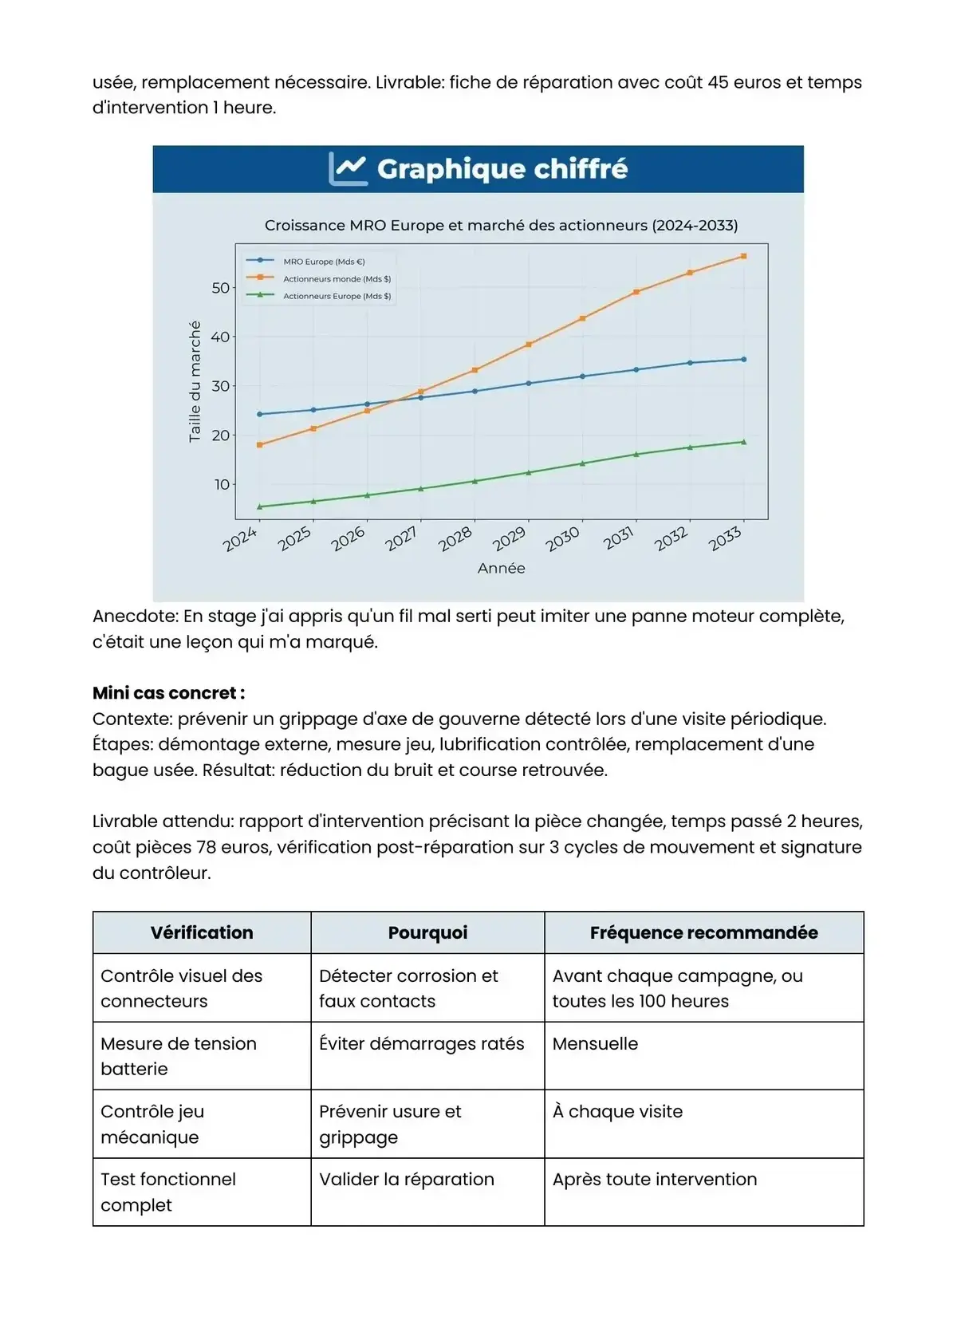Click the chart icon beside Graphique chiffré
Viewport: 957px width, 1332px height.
[x=348, y=168]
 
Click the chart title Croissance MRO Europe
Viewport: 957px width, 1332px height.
[x=501, y=226]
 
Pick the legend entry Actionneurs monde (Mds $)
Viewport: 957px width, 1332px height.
[x=336, y=279]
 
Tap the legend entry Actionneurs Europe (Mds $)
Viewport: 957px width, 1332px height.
[x=336, y=296]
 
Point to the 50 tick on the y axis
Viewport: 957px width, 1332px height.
[x=220, y=288]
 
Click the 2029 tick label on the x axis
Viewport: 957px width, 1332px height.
[x=509, y=539]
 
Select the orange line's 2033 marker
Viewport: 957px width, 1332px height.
[x=743, y=256]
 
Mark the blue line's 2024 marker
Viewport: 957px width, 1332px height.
[x=259, y=414]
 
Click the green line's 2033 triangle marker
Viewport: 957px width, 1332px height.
[x=743, y=442]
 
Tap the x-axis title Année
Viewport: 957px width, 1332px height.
[x=501, y=568]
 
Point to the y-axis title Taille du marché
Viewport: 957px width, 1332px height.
[x=195, y=381]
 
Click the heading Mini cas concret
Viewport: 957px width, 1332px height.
[x=168, y=692]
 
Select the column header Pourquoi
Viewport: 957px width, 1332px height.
[x=427, y=932]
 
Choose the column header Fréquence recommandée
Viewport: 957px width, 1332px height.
[x=703, y=932]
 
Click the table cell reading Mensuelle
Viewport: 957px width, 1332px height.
[x=595, y=1043]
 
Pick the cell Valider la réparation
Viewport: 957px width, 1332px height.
[x=406, y=1179]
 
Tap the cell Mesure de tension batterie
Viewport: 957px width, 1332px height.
[x=179, y=1055]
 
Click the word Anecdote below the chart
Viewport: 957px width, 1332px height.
[x=134, y=616]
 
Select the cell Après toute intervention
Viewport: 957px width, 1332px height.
[x=654, y=1179]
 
